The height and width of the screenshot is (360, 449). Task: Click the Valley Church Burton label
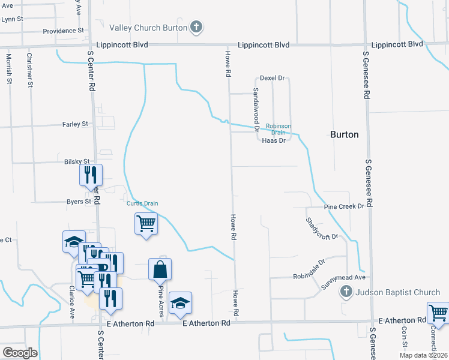tap(148, 27)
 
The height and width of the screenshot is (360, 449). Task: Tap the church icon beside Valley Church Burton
tap(196, 27)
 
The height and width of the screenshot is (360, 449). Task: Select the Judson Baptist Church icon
tap(346, 293)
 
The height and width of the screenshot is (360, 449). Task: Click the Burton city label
tap(345, 134)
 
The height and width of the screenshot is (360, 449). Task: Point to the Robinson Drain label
tap(279, 129)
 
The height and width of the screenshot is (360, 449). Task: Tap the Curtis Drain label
tap(142, 203)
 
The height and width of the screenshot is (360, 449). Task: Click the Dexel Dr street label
tap(272, 79)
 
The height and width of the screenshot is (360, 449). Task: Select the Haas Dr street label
tap(274, 140)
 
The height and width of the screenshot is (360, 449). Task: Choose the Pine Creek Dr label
tap(344, 206)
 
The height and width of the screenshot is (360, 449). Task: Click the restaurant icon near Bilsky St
tap(91, 175)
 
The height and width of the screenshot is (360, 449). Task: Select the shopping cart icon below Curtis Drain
tap(146, 224)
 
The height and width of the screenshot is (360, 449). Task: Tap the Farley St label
tap(75, 124)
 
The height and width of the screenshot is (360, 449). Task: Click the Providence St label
tap(62, 31)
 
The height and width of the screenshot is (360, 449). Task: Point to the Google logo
tap(19, 353)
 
